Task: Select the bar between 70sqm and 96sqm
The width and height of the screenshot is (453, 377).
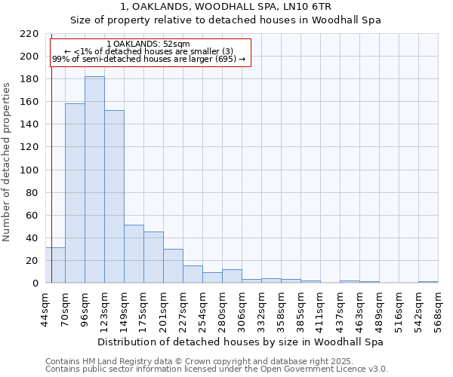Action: point(75,193)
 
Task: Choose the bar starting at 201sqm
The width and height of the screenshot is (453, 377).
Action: point(173,265)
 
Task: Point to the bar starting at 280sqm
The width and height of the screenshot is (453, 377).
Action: point(232,276)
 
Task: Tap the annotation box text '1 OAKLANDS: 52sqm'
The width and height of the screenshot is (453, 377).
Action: point(149,44)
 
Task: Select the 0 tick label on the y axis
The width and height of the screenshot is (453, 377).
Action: point(35,284)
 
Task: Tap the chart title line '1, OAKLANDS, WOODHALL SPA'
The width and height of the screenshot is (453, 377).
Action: point(226,7)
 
